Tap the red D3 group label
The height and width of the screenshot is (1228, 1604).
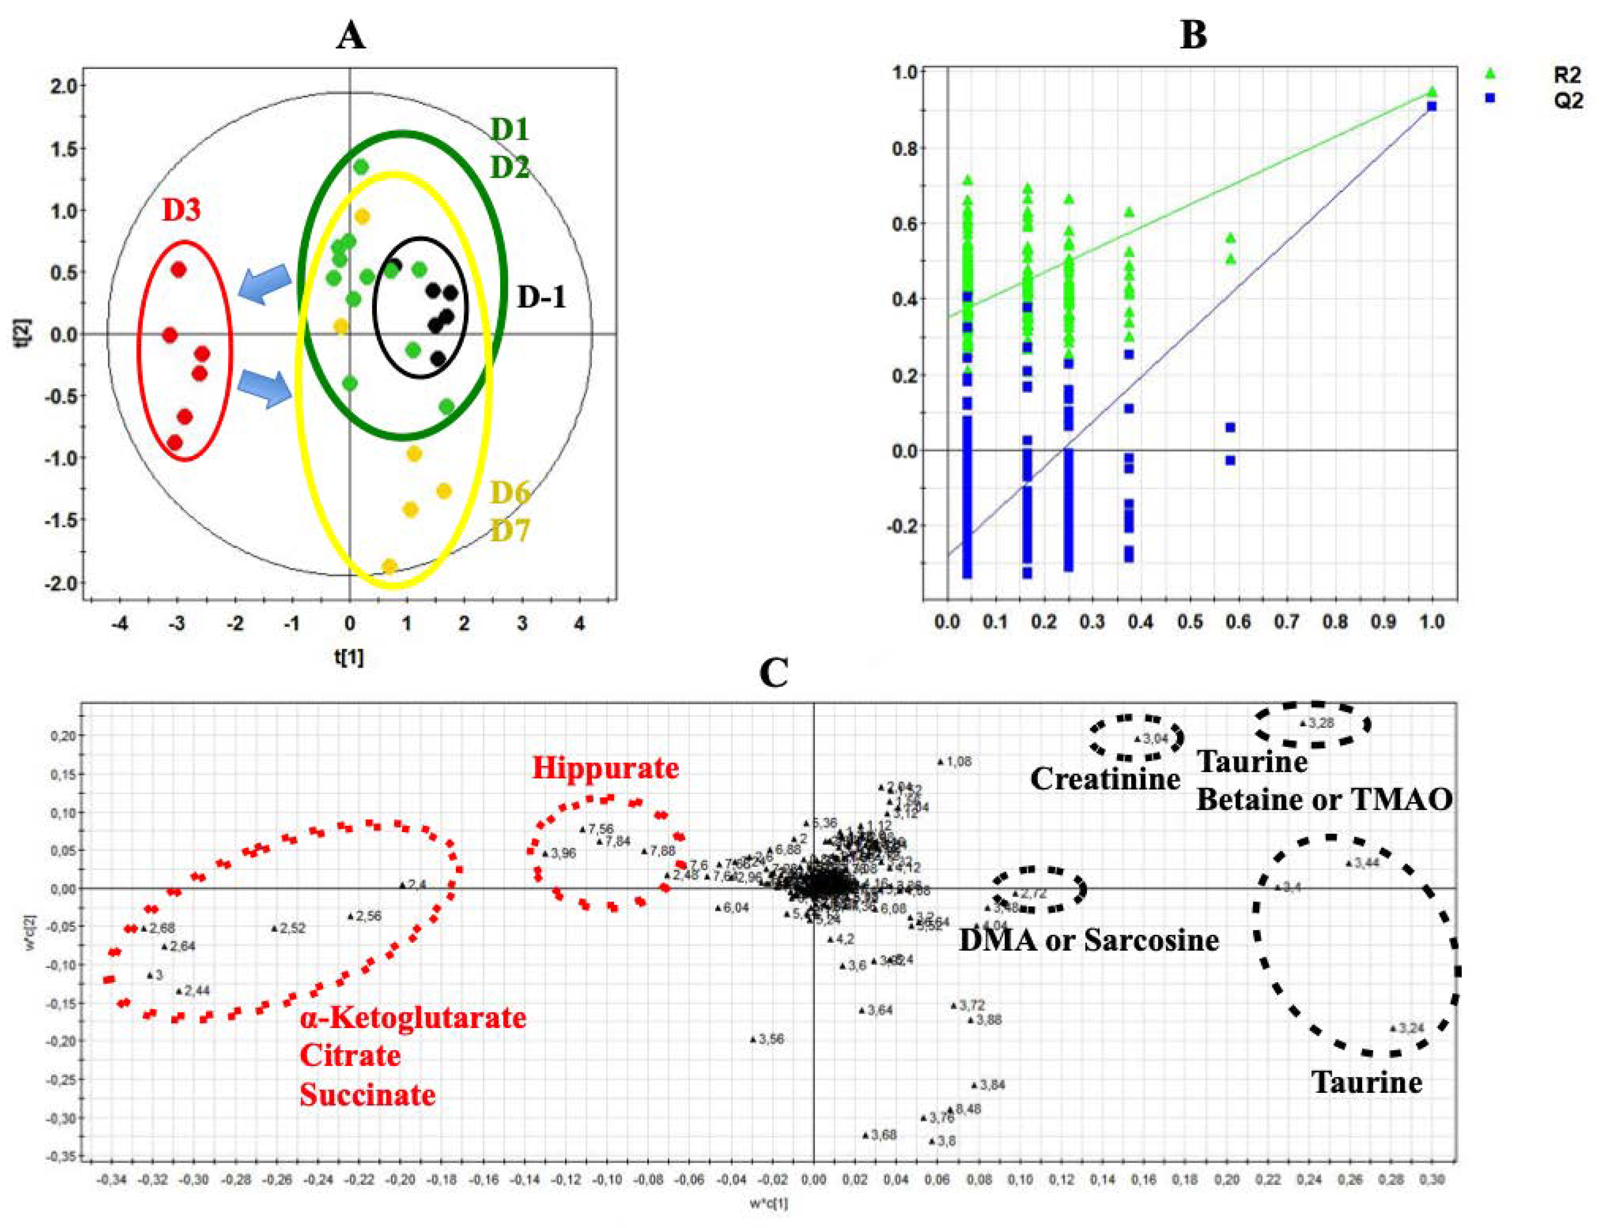coord(181,211)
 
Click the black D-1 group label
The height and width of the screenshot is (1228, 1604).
coord(541,297)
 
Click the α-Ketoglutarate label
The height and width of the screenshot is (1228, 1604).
coord(412,1017)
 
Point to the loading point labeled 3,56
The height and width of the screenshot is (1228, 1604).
coord(754,1039)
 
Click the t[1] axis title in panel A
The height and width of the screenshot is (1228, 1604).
coord(349,657)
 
